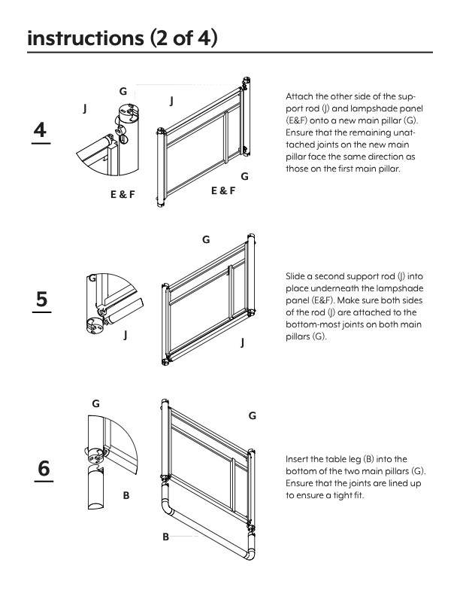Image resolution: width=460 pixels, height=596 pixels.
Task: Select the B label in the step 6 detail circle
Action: [126, 495]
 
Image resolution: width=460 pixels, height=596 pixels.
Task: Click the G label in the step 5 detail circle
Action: [92, 278]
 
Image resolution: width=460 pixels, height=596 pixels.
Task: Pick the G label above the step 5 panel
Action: [206, 239]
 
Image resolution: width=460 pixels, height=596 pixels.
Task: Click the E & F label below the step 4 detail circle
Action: [123, 193]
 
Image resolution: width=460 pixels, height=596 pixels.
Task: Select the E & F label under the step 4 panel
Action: [222, 191]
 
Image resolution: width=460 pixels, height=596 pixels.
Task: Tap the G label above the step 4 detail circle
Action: [123, 90]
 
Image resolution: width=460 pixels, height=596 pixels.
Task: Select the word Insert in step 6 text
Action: [298, 458]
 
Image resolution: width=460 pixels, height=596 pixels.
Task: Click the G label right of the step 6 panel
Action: [253, 415]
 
